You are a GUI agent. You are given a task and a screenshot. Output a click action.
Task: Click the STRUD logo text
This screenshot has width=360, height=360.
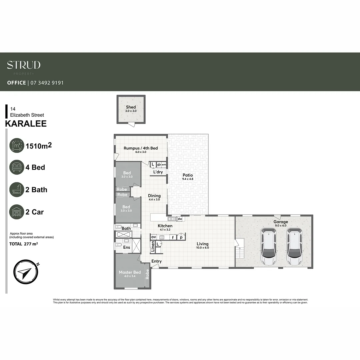(x=24, y=65)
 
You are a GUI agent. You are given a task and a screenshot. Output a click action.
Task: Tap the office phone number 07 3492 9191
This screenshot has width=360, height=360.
(x=47, y=83)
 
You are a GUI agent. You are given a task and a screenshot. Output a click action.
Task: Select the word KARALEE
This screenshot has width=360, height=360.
(x=26, y=124)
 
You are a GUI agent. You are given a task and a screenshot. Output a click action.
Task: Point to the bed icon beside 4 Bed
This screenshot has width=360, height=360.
(x=17, y=167)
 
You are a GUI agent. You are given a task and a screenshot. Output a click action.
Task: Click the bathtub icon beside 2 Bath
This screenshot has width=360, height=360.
(x=17, y=190)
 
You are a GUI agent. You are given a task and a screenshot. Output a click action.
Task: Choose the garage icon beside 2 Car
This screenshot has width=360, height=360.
(x=17, y=212)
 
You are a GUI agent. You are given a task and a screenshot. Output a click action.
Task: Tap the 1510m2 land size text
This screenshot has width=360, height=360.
(x=38, y=145)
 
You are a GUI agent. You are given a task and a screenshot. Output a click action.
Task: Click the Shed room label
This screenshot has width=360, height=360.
(x=131, y=107)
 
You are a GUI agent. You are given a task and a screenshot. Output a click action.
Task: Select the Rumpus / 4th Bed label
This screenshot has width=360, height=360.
(x=141, y=148)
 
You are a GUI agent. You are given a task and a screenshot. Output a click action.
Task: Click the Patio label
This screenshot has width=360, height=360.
(x=188, y=175)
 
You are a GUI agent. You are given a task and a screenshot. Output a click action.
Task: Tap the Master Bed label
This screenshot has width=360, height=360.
(x=130, y=272)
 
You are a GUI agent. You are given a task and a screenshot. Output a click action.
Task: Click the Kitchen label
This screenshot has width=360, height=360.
(x=165, y=226)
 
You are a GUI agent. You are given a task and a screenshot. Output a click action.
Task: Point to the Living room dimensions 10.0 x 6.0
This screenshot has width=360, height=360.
(x=202, y=248)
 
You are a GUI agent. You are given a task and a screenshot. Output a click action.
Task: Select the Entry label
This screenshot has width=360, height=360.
(x=156, y=261)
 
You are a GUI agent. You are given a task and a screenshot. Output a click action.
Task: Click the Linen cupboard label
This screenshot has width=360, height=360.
(x=153, y=247)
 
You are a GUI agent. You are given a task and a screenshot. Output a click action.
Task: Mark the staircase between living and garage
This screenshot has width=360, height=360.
(x=240, y=250)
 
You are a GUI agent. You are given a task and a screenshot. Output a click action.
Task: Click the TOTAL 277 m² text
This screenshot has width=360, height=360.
(x=23, y=244)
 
